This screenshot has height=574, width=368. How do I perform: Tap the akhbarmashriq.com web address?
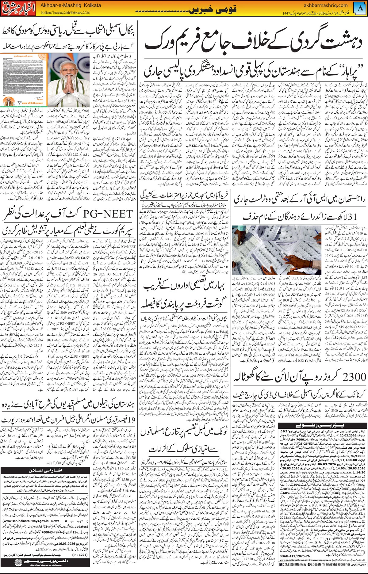(x=325, y=5)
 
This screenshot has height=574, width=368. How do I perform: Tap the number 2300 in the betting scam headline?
(x=354, y=376)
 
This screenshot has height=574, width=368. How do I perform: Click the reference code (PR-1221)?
(x=79, y=555)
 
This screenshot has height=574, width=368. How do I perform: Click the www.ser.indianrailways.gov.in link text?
(x=31, y=521)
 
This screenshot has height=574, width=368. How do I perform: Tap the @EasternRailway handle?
(x=294, y=564)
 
